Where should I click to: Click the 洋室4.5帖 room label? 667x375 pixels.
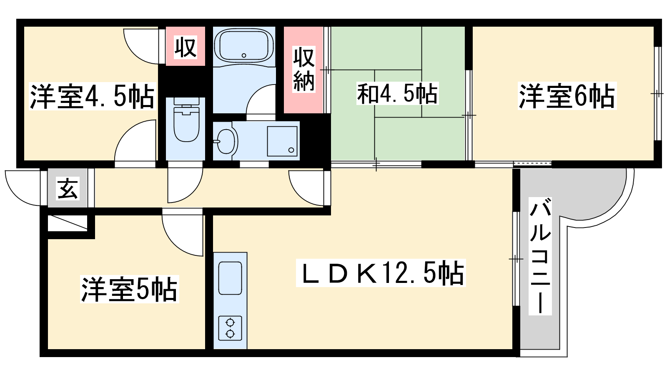(92, 96)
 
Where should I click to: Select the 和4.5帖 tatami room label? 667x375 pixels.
(398, 94)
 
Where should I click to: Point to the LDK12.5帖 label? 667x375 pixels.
(381, 273)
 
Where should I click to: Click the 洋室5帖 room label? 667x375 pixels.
(129, 289)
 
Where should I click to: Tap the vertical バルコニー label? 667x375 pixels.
(540, 256)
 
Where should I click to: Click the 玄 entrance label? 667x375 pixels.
(68, 188)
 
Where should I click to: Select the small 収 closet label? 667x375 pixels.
(185, 47)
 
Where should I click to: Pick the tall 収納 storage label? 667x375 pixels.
(304, 69)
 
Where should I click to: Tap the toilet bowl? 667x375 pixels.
(186, 123)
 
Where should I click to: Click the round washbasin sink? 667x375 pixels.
(225, 141)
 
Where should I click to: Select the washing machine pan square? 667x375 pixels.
(282, 141)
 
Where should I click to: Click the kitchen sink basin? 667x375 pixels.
(230, 278)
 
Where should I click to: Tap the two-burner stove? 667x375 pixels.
(230, 328)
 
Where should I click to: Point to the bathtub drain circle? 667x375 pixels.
(244, 55)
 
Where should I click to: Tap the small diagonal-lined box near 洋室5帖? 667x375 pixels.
(68, 222)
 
